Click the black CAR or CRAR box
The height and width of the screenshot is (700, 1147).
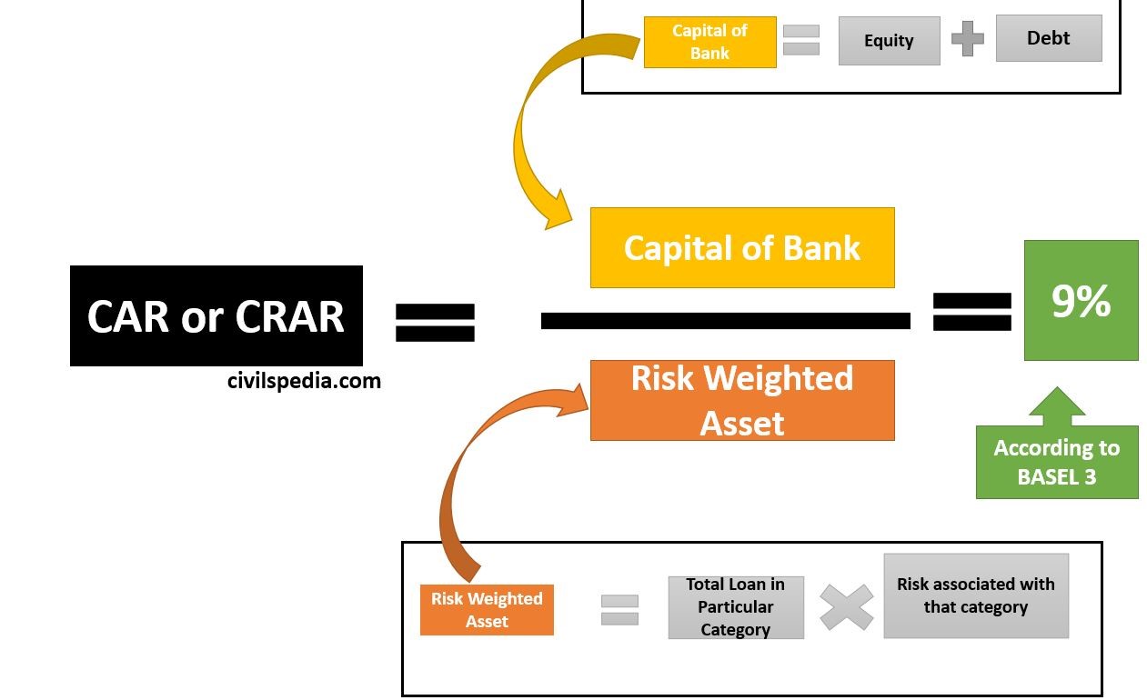click(216, 315)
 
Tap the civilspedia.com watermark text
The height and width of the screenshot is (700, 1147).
click(304, 381)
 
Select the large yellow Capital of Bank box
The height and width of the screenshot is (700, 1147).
click(742, 247)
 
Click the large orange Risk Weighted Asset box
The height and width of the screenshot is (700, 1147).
click(742, 400)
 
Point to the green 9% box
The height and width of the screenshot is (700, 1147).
click(1081, 300)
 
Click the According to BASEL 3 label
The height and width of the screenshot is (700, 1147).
click(1057, 462)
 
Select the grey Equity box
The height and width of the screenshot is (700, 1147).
click(889, 41)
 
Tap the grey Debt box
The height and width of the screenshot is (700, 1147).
click(1048, 38)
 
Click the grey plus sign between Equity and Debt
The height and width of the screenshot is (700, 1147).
click(968, 40)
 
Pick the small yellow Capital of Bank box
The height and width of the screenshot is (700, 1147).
click(709, 42)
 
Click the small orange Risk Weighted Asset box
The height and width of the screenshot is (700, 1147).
click(487, 609)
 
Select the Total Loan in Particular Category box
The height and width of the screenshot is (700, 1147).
click(735, 607)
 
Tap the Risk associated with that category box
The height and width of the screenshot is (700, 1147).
click(975, 596)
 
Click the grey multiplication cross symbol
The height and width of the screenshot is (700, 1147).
click(846, 607)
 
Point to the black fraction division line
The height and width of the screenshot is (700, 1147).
click(725, 320)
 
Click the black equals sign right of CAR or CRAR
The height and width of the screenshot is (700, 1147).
click(435, 322)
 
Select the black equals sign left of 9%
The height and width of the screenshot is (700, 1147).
click(972, 311)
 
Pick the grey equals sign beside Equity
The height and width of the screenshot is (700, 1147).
click(801, 40)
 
